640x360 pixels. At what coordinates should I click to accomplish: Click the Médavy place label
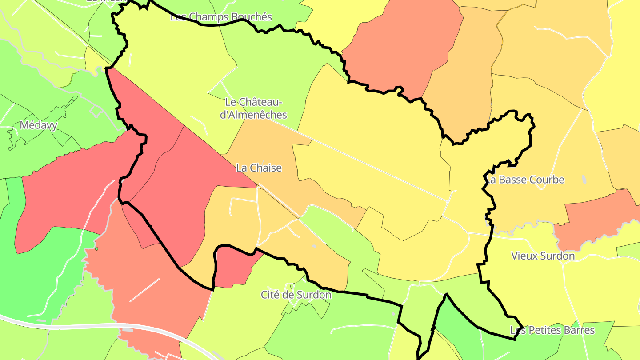[x=38, y=125]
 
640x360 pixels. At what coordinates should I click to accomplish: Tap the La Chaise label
[x=259, y=168]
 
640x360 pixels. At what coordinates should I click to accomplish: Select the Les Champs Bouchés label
[x=221, y=17]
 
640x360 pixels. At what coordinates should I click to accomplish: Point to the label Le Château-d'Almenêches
[x=254, y=108]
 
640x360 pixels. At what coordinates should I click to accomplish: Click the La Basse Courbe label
[x=525, y=180]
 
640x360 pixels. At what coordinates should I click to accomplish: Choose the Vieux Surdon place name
[x=543, y=256]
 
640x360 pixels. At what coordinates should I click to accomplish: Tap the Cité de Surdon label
[x=296, y=295]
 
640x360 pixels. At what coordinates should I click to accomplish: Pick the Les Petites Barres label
[x=552, y=330]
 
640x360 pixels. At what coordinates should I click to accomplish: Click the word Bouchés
[x=250, y=17]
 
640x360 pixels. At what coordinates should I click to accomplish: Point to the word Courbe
[x=547, y=180]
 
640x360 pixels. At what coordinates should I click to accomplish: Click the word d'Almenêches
[x=254, y=115]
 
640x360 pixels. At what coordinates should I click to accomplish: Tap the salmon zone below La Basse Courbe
[x=596, y=218]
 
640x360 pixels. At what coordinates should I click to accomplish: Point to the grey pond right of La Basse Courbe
[x=584, y=179]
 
